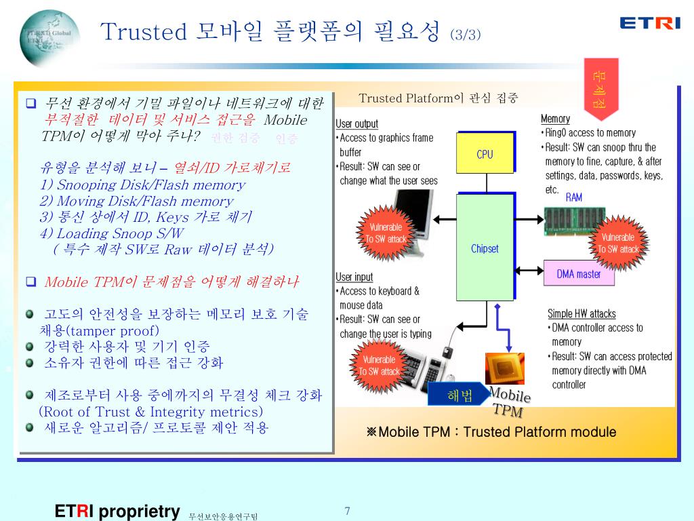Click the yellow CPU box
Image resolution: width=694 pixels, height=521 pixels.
485,153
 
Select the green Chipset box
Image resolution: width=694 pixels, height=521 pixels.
485,248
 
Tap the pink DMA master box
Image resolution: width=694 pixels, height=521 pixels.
578,274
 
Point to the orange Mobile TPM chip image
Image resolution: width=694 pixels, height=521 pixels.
504,368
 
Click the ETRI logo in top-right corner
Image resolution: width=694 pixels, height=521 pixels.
649,23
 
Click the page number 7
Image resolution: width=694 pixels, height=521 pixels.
347,511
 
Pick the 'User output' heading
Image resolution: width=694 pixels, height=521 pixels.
357,123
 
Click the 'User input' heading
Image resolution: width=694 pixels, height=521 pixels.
354,277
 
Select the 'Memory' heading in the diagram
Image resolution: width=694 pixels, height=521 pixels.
555,119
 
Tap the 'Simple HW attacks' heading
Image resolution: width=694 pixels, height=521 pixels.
581,313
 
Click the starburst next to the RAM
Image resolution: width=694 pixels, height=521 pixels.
617,242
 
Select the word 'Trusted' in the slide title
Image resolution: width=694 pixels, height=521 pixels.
143,32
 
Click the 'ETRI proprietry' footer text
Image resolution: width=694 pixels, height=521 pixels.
117,511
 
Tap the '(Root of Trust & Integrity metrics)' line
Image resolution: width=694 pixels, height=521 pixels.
151,412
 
